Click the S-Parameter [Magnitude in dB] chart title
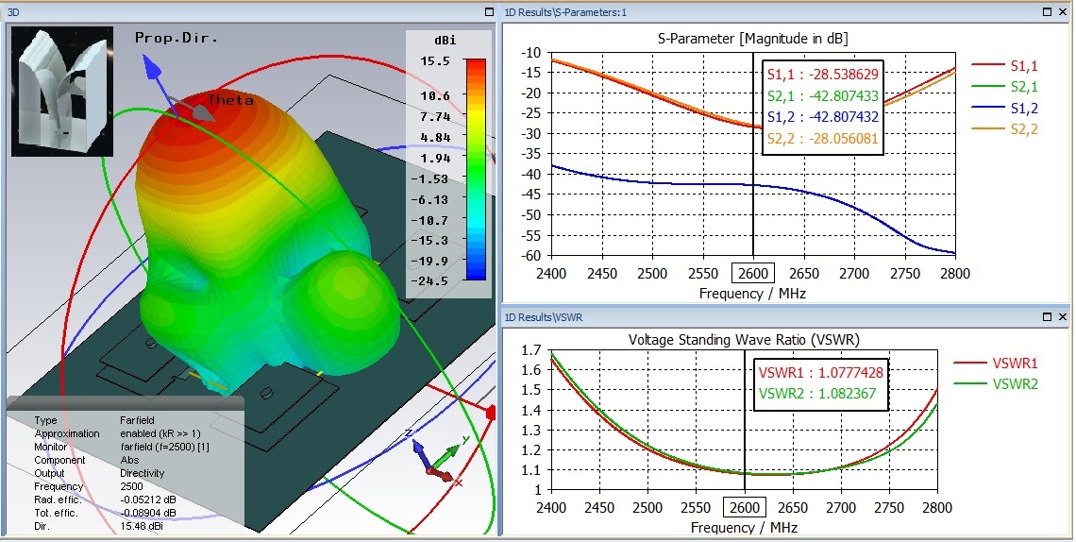(x=752, y=39)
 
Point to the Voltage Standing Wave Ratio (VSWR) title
(x=745, y=339)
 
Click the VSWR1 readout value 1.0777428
(x=844, y=373)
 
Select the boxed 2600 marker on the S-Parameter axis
(x=752, y=274)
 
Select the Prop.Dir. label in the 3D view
(x=177, y=38)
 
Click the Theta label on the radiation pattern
(x=231, y=99)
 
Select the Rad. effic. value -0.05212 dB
(x=157, y=500)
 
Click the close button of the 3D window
(x=488, y=12)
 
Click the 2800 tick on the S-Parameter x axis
(x=953, y=274)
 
